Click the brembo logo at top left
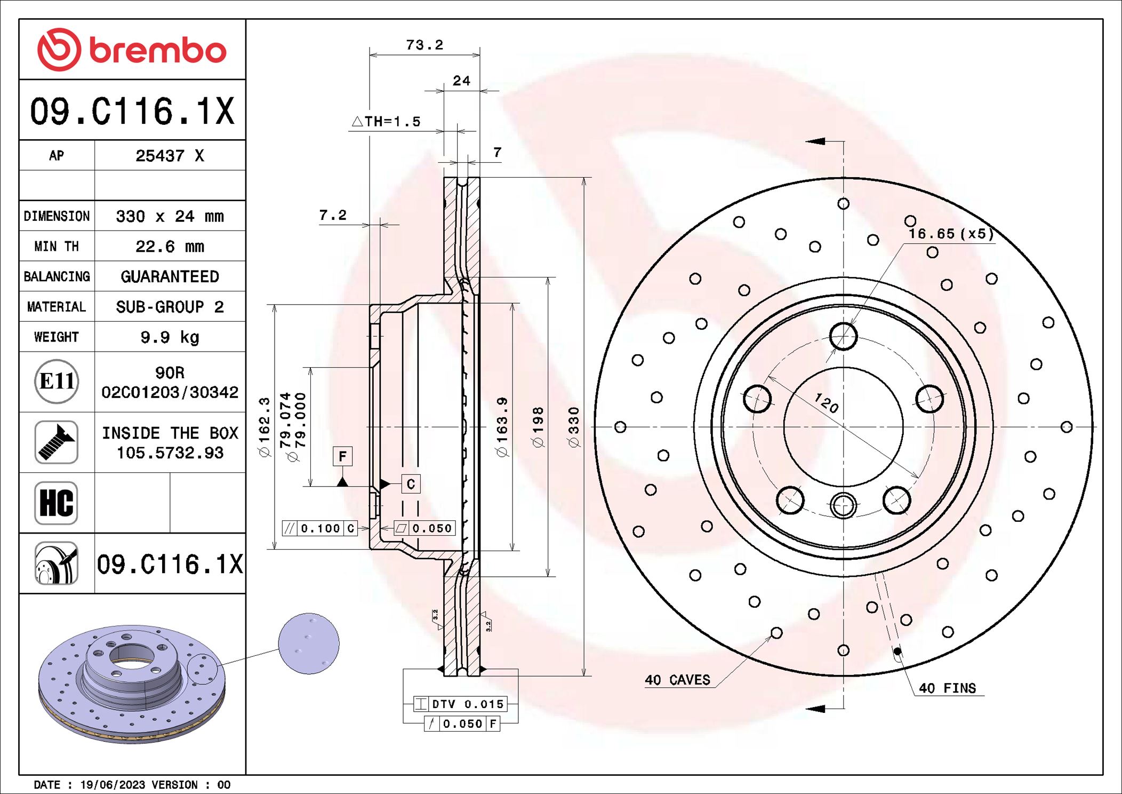tap(132, 50)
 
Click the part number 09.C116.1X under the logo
tap(132, 111)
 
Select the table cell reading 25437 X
tap(170, 156)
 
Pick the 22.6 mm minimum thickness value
tap(170, 247)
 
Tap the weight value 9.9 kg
tap(170, 337)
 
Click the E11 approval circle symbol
tap(57, 382)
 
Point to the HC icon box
tap(57, 503)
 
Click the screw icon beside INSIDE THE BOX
tap(57, 442)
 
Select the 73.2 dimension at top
tap(424, 45)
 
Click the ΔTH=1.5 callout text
tap(386, 122)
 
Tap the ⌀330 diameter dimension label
tap(573, 427)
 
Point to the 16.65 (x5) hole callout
tap(951, 234)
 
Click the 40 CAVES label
tap(677, 680)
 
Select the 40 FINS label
tap(947, 688)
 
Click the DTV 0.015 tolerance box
tap(460, 704)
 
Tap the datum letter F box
tap(342, 456)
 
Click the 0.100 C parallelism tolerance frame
tap(319, 528)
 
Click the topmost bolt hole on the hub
tap(843, 336)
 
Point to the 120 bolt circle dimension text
tap(827, 403)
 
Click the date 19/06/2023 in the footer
tap(113, 784)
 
